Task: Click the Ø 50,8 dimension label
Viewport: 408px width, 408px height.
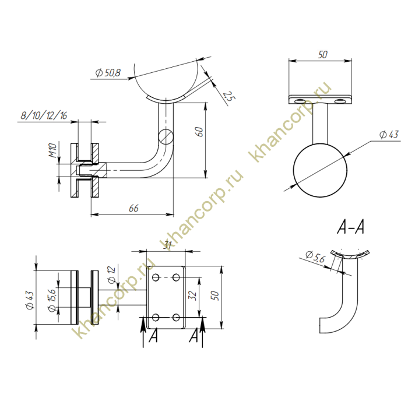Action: tap(108, 73)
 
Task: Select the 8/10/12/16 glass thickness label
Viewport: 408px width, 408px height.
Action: tap(44, 115)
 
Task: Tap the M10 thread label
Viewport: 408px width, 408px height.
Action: tap(52, 150)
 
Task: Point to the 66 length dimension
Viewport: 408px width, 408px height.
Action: tap(133, 208)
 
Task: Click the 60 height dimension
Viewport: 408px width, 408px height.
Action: tap(199, 132)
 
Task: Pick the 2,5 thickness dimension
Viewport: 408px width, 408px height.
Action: tap(229, 96)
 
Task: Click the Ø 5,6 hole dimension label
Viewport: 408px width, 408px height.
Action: tap(315, 256)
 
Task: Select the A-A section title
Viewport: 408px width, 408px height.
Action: tap(350, 227)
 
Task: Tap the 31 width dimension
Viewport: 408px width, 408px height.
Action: tap(168, 245)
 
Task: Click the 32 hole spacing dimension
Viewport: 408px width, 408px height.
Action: tap(192, 296)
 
